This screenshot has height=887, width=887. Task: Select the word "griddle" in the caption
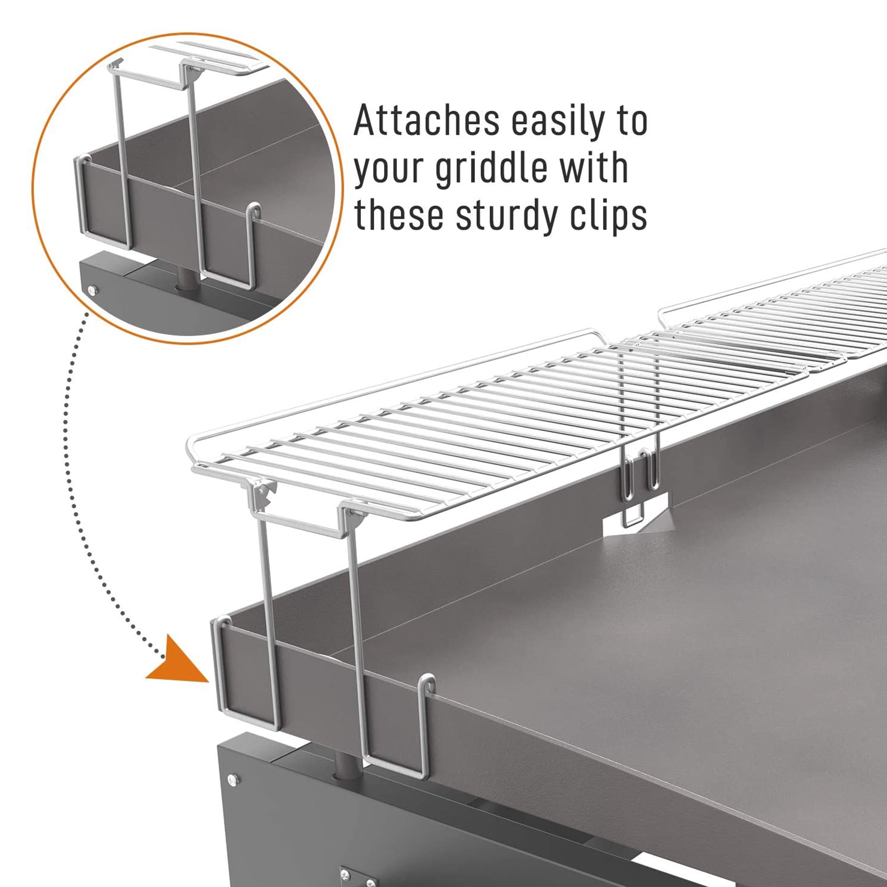491,169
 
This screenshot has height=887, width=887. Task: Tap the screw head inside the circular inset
92,290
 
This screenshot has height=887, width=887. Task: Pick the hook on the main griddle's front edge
428,684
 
